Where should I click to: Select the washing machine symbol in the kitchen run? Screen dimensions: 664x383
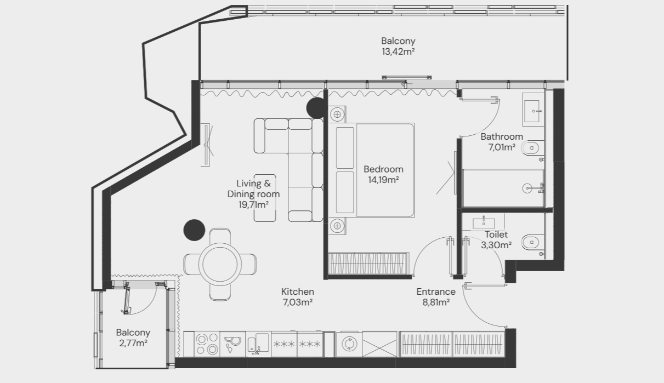point(349,344)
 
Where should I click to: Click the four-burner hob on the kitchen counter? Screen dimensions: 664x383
point(207,344)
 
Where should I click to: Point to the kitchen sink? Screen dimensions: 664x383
point(258,344)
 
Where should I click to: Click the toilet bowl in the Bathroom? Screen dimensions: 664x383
point(532,148)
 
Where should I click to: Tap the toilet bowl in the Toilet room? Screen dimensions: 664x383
point(532,243)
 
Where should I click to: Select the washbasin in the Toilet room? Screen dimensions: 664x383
point(484,222)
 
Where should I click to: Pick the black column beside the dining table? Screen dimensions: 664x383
point(194,230)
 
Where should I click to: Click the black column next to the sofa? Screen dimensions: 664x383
point(316,108)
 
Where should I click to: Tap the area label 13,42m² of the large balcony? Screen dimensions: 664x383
point(398,52)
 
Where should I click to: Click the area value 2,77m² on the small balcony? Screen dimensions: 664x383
point(133,344)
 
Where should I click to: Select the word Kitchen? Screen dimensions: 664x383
point(298,291)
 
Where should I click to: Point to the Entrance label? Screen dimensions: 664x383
point(436,291)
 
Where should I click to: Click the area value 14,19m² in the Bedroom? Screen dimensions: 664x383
point(383,180)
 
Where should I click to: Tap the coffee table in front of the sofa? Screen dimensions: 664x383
point(265,198)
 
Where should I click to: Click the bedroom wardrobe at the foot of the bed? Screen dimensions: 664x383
point(369,264)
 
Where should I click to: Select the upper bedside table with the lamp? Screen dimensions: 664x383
point(337,114)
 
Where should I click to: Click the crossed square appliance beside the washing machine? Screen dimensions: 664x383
point(379,344)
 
